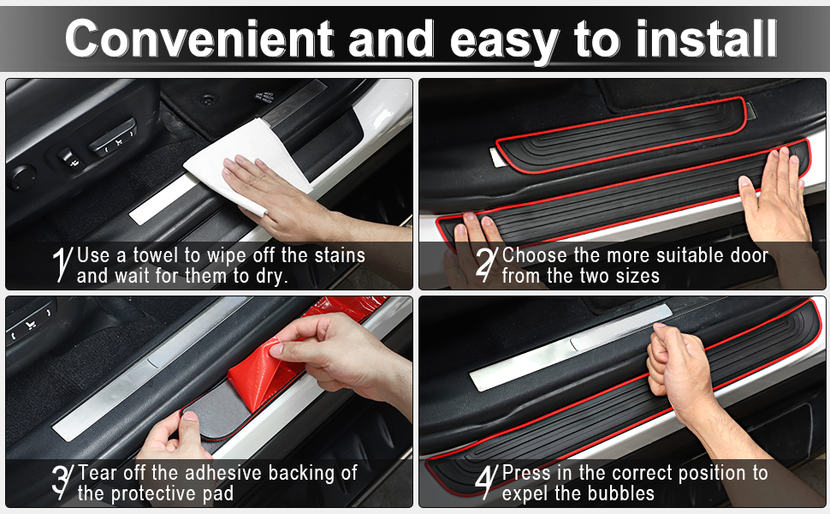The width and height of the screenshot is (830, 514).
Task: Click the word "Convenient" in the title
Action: pyautogui.click(x=199, y=39)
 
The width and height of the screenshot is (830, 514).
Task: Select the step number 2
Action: pyautogui.click(x=487, y=264)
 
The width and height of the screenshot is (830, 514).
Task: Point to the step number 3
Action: pyautogui.click(x=62, y=481)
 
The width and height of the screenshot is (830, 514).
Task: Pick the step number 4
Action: pyautogui.click(x=487, y=481)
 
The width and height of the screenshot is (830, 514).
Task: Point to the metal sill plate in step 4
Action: pyautogui.click(x=570, y=348)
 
